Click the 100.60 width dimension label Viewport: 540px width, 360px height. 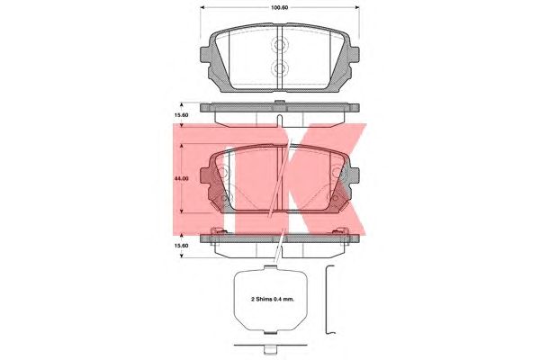(280, 7)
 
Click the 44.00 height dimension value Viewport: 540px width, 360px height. (181, 179)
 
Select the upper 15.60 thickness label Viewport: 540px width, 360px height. (181, 115)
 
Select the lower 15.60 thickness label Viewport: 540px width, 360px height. (181, 246)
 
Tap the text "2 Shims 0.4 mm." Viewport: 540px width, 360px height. (273, 300)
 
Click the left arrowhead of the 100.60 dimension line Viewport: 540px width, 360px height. (202, 7)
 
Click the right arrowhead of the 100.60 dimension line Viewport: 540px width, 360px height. (357, 7)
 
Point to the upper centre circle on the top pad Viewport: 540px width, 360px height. (279, 44)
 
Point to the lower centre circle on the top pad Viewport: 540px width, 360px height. (279, 67)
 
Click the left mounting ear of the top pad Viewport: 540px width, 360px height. (205, 55)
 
